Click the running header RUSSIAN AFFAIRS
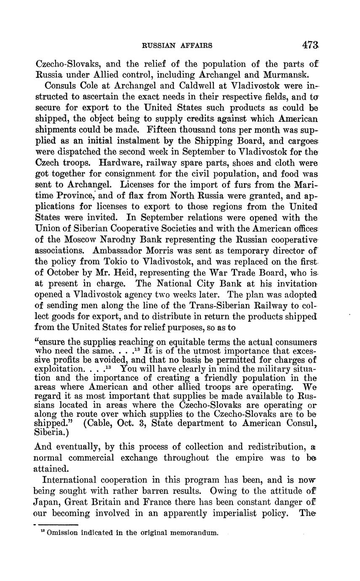tap(177, 45)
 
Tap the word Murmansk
tap(278, 75)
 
